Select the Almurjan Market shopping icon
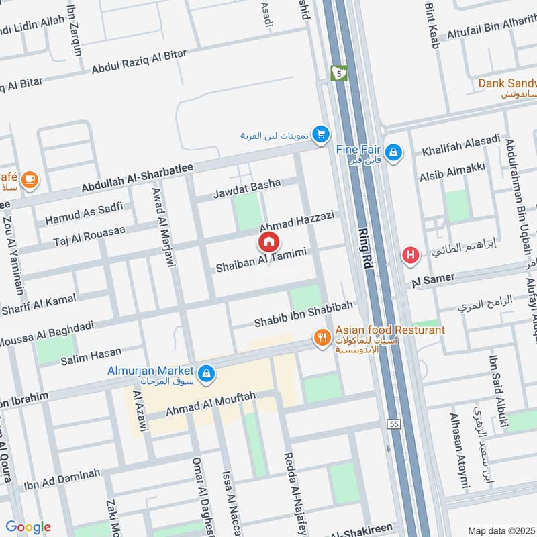point(207,371)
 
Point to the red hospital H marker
point(409,255)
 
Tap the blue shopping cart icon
point(322,134)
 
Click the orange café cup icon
point(29,179)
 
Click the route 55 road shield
point(394,424)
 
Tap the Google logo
point(28,527)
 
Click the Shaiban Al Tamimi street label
point(261,260)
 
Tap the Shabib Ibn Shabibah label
point(303,315)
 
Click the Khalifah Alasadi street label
point(460,145)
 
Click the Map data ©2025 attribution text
point(500,530)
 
